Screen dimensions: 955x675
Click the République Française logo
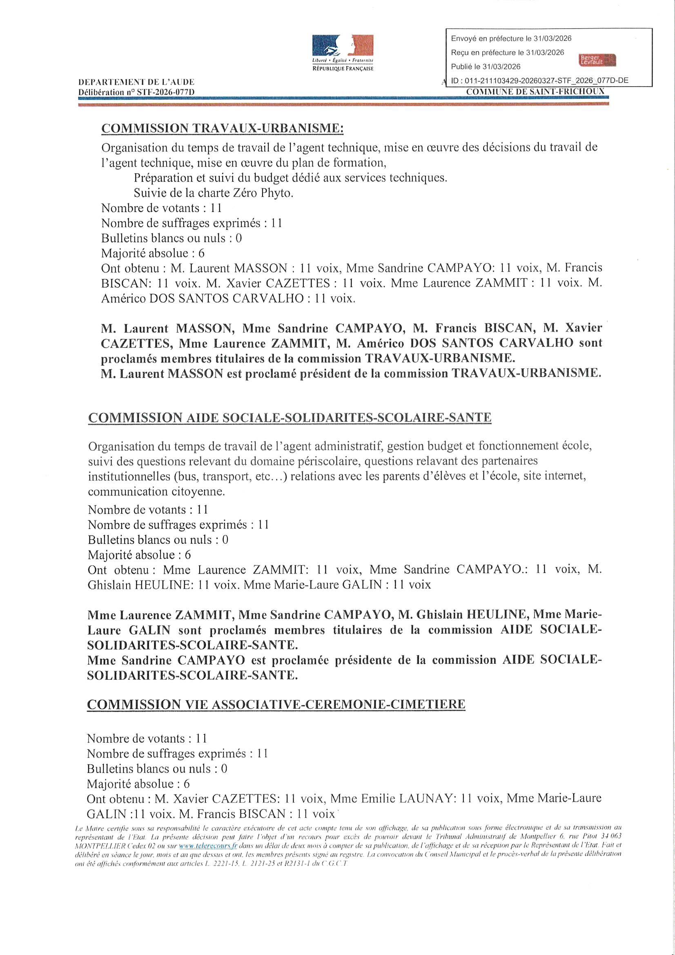pyautogui.click(x=343, y=52)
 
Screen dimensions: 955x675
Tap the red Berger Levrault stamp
pyautogui.click(x=597, y=60)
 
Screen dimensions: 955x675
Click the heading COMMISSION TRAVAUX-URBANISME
pyautogui.click(x=223, y=128)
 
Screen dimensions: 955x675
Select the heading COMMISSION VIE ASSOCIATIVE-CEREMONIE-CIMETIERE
pyautogui.click(x=276, y=704)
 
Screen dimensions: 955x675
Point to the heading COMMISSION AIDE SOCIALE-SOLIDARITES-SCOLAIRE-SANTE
pyautogui.click(x=290, y=417)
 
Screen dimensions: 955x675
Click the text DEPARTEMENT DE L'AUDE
pyautogui.click(x=136, y=83)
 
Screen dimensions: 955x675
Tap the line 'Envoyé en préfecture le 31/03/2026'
pyautogui.click(x=511, y=39)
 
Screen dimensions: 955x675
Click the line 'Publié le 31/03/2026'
pyautogui.click(x=486, y=67)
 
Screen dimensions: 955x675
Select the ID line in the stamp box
pyautogui.click(x=539, y=80)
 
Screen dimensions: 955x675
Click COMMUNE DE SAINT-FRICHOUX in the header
pyautogui.click(x=535, y=91)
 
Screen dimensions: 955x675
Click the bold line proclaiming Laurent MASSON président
pyautogui.click(x=351, y=373)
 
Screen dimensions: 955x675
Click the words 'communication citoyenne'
pyautogui.click(x=156, y=491)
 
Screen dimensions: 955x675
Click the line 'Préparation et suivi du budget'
pyautogui.click(x=290, y=178)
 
